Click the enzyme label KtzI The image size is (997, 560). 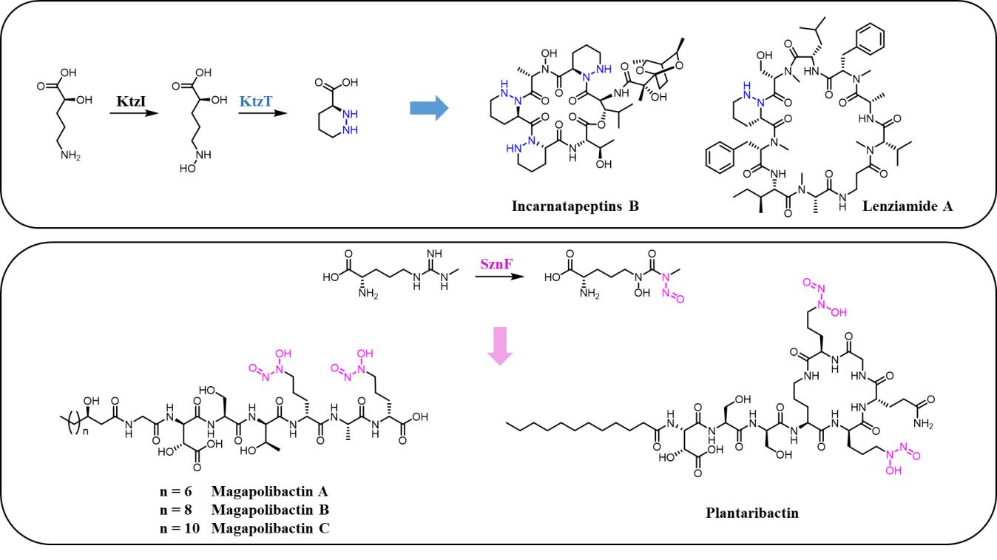click(130, 98)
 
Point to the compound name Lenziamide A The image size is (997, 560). click(908, 207)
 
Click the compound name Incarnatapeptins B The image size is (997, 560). click(575, 206)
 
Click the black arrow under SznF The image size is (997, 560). click(496, 277)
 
